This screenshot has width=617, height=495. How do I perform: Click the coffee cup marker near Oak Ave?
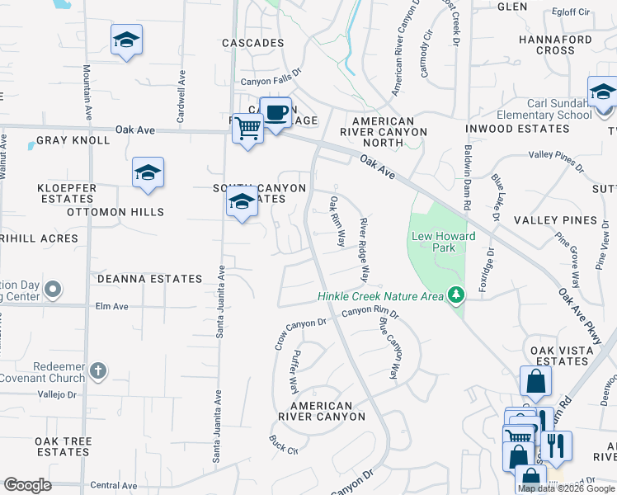(x=276, y=111)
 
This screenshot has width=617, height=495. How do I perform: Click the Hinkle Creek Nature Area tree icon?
(x=455, y=295)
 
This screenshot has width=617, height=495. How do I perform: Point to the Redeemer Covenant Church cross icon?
(x=98, y=370)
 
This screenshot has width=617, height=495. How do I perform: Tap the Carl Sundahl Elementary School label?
(x=536, y=109)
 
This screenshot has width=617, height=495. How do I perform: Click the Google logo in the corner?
(x=27, y=485)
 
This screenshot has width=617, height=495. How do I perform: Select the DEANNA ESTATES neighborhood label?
(x=149, y=279)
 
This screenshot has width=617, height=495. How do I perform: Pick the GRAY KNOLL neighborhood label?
(x=73, y=140)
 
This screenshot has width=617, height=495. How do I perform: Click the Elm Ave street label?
(x=112, y=306)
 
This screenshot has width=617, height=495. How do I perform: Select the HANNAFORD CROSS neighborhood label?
(x=555, y=45)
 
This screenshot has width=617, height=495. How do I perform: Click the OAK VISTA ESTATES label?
(x=559, y=356)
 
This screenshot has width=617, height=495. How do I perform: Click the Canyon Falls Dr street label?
(x=271, y=82)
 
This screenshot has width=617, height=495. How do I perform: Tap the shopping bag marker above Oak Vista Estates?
(x=535, y=381)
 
